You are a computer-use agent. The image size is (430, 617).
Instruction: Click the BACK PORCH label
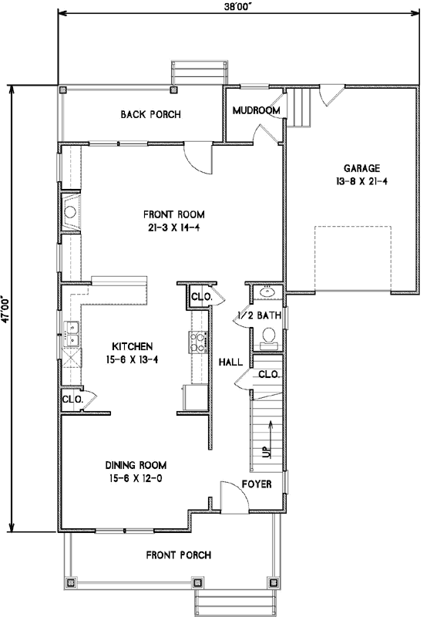click(x=150, y=115)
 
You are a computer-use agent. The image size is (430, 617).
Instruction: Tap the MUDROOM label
click(x=256, y=110)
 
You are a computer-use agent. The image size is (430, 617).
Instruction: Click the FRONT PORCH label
click(x=176, y=555)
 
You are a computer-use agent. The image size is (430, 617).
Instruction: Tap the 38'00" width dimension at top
click(x=238, y=6)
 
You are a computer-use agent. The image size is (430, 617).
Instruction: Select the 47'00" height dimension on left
click(x=6, y=308)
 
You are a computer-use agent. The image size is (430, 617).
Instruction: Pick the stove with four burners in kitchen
click(x=196, y=339)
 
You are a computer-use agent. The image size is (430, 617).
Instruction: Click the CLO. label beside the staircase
click(x=268, y=374)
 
